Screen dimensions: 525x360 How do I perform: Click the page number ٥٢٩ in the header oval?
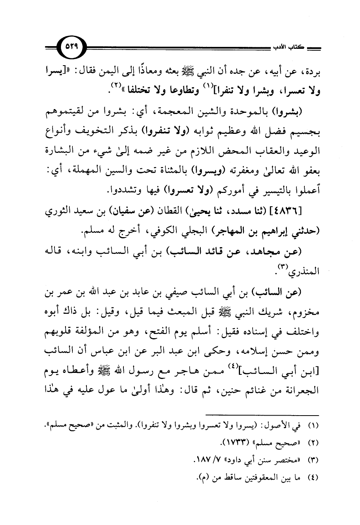click(x=73, y=46)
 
